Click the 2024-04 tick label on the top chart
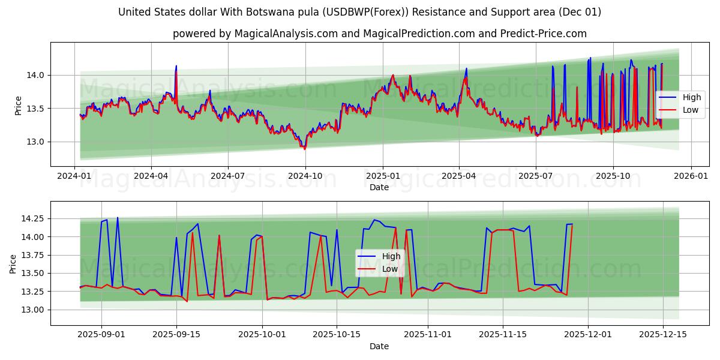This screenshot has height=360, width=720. pyautogui.click(x=151, y=176)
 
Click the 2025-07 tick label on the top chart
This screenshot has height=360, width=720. pyautogui.click(x=535, y=176)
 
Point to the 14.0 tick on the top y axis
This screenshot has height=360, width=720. pyautogui.click(x=36, y=75)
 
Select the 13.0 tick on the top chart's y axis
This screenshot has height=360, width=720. pyautogui.click(x=36, y=142)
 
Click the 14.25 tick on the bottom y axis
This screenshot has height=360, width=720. pyautogui.click(x=32, y=218)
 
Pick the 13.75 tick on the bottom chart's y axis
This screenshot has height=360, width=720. pyautogui.click(x=32, y=255)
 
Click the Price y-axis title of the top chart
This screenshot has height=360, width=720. pyautogui.click(x=18, y=106)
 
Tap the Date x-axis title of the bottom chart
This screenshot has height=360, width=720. pyautogui.click(x=379, y=346)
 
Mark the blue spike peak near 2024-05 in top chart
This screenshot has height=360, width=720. pyautogui.click(x=176, y=66)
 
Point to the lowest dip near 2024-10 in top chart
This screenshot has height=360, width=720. pyautogui.click(x=304, y=148)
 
